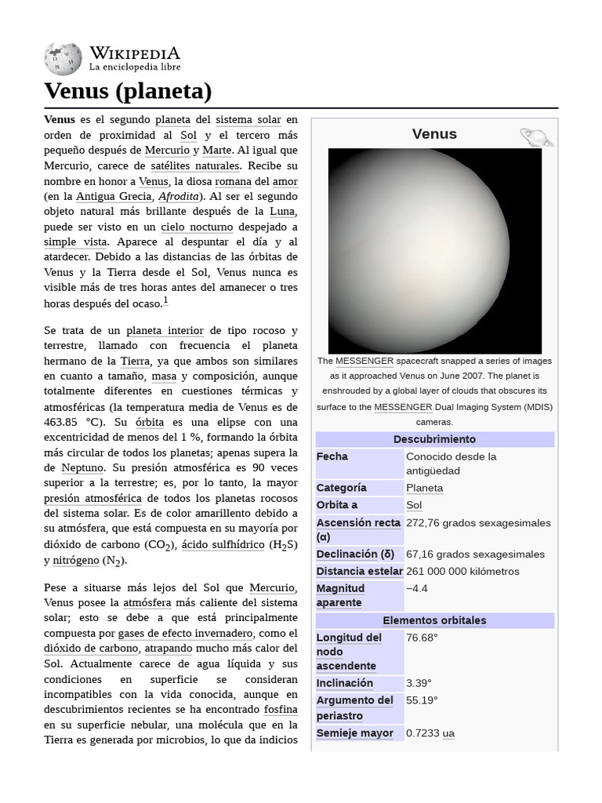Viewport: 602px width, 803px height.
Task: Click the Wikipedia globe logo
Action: [63, 59]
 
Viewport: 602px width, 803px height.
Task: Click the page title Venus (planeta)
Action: [128, 92]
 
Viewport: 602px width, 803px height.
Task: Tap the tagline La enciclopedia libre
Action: [134, 68]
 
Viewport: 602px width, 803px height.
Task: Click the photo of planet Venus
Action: [434, 251]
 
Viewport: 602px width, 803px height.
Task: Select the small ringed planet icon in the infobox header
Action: [536, 137]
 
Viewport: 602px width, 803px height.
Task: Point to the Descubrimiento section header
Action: [434, 439]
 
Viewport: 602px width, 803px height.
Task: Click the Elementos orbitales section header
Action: [434, 620]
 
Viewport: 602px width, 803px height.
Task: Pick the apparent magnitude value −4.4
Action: [417, 588]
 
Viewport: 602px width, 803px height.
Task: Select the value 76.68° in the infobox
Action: [422, 638]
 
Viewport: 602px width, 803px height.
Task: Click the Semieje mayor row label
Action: [354, 733]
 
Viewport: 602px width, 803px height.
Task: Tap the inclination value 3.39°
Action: [419, 683]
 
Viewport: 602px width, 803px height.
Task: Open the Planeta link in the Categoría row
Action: [424, 488]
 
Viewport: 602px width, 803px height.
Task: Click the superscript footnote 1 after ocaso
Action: [165, 301]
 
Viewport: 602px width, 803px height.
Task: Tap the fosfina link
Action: [281, 710]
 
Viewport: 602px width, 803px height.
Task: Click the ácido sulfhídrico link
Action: [223, 544]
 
